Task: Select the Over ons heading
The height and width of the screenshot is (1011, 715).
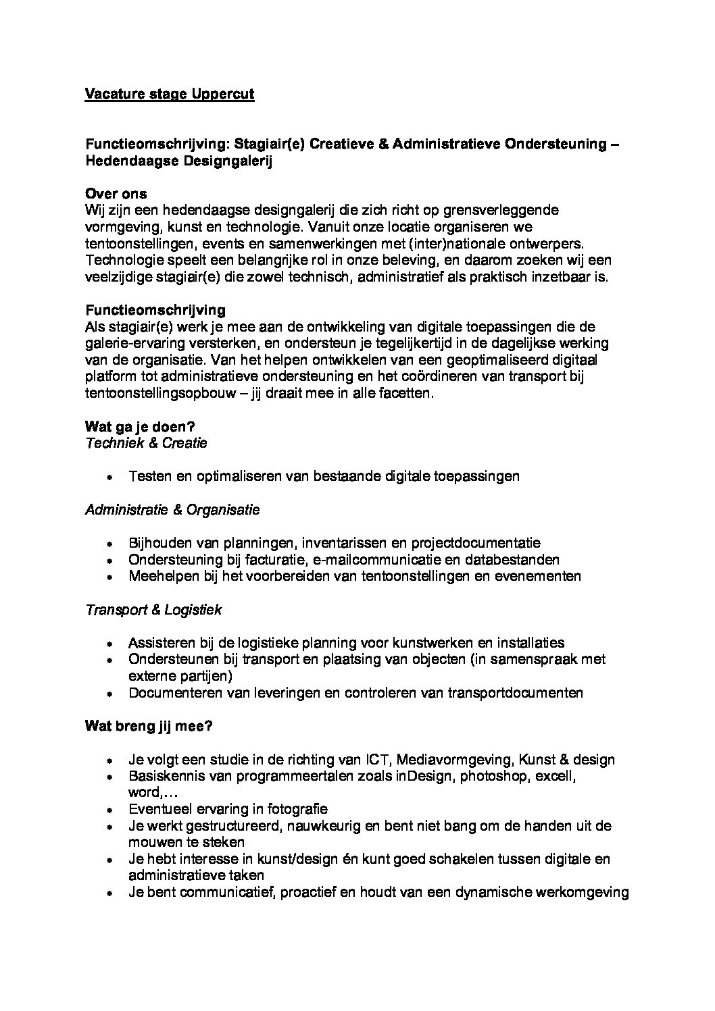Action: pyautogui.click(x=116, y=194)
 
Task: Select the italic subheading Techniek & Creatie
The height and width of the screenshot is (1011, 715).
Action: pyautogui.click(x=146, y=443)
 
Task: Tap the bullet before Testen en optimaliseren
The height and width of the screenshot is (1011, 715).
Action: pyautogui.click(x=109, y=477)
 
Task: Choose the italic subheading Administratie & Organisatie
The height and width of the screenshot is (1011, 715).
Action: pyautogui.click(x=172, y=510)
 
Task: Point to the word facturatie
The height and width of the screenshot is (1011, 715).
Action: pyautogui.click(x=277, y=560)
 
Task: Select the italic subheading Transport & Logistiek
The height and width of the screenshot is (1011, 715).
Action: pyautogui.click(x=153, y=610)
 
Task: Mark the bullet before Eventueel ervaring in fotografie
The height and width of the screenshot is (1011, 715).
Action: pyautogui.click(x=109, y=809)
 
